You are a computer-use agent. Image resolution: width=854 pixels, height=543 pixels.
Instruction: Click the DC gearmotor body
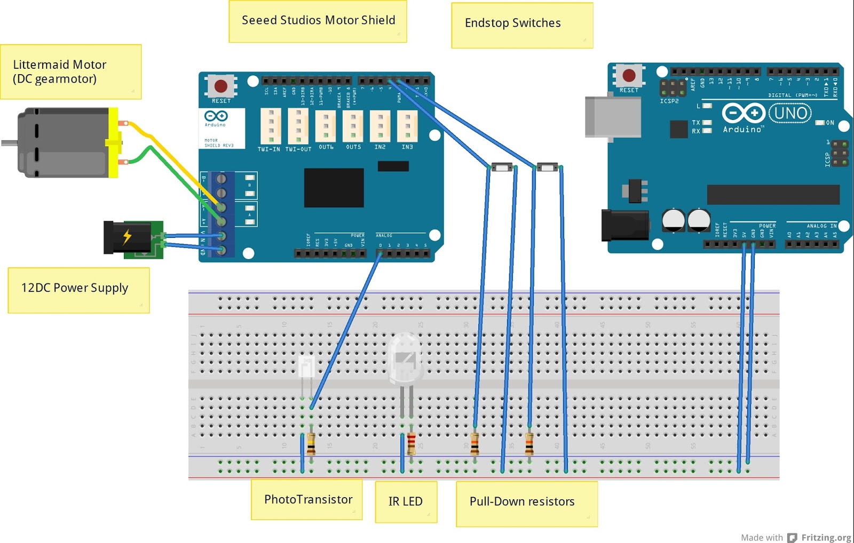[x=64, y=142]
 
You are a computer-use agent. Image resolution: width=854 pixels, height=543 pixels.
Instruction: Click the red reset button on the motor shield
[x=221, y=86]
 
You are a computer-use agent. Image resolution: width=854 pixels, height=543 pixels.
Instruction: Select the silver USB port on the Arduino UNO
[x=613, y=117]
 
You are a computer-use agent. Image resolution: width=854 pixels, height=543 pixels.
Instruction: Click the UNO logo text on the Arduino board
[x=790, y=113]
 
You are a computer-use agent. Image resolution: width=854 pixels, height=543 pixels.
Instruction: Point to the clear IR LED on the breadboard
[x=406, y=357]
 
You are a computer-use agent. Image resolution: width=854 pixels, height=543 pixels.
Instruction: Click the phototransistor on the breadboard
[x=306, y=368]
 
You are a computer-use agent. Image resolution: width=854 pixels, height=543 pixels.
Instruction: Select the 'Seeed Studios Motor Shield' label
[x=318, y=21]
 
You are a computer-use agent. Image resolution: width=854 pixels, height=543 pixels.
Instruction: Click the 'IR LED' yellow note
[x=406, y=501]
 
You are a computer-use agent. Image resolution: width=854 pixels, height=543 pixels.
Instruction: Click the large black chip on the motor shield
[x=334, y=188]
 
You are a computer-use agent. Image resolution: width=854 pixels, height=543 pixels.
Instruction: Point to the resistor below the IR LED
[x=412, y=443]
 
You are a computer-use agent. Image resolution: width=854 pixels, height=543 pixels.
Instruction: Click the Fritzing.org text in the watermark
[x=826, y=538]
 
